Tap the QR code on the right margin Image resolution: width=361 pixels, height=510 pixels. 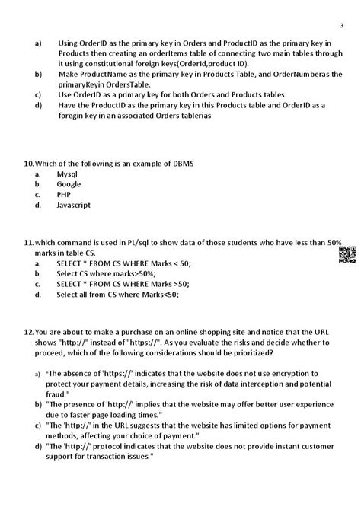pos(347,255)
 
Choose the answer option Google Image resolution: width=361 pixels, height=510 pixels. pos(69,184)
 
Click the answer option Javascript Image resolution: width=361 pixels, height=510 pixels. pos(74,205)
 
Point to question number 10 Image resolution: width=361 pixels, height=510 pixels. pos(29,164)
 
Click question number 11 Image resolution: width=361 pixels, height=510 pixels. pos(29,242)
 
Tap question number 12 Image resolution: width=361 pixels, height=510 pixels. pos(29,333)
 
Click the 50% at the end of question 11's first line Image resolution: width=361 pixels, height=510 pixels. pos(334,242)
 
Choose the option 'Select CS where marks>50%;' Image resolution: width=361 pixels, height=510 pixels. pos(106,273)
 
